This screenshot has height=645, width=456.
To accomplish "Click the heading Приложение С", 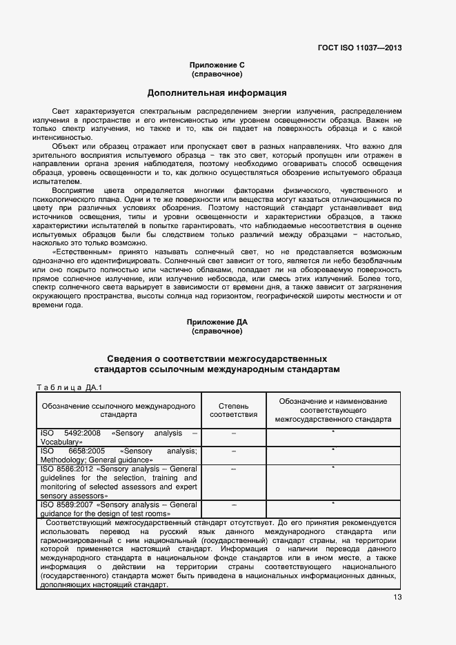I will (217, 65).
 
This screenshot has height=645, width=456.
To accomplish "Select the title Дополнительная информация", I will (217, 92).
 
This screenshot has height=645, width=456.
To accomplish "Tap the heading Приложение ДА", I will (217, 322).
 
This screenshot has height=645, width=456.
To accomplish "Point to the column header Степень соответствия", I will (233, 410).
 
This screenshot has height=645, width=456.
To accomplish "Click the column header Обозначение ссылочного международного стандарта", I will (119, 411).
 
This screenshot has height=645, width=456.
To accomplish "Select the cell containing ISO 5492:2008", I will (119, 437).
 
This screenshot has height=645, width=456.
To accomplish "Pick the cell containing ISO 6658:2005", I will (119, 455).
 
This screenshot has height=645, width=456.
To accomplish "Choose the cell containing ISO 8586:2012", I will (119, 482).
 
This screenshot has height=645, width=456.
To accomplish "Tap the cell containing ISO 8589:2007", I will (119, 509).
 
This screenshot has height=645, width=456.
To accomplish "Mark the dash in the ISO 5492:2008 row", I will (234, 433).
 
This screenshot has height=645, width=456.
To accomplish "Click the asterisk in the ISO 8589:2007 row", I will (333, 504).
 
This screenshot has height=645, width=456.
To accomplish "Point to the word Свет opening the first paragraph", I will (61, 111).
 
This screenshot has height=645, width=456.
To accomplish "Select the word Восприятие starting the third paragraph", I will (72, 190).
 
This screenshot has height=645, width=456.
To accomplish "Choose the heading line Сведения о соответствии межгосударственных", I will (217, 360).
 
